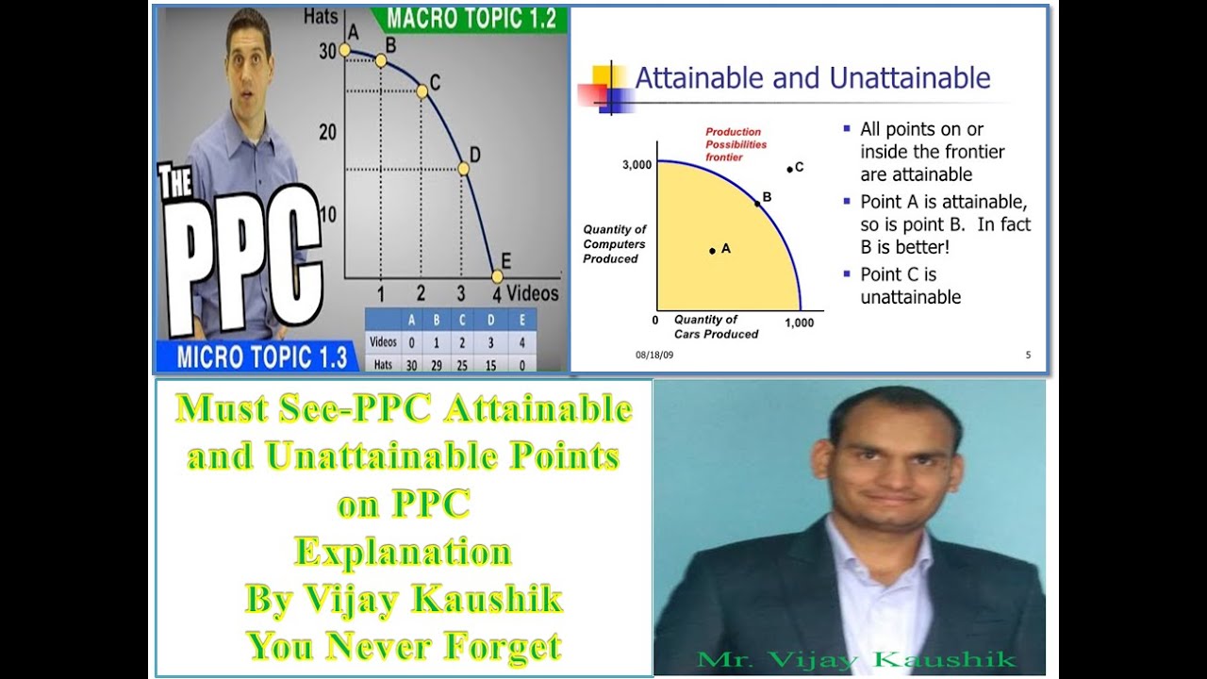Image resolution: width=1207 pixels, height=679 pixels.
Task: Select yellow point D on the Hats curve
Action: point(463,169)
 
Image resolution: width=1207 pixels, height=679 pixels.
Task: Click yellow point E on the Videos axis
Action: point(497,276)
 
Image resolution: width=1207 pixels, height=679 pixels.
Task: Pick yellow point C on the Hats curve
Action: point(422,91)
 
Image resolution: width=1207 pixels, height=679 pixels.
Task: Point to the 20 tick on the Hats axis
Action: point(327,131)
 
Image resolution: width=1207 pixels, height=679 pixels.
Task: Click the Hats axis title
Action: point(321,15)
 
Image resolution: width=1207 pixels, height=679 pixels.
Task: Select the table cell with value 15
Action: point(489,363)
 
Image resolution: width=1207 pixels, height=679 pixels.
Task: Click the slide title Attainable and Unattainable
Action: point(812,77)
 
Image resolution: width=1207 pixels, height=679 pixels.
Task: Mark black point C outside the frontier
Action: point(790,170)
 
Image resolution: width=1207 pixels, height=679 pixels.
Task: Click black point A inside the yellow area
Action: point(713,250)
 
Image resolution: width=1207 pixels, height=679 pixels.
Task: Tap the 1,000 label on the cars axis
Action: point(798,323)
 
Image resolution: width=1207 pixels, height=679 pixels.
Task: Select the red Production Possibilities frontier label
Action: point(736,144)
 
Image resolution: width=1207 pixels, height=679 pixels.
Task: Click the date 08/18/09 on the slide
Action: point(653,356)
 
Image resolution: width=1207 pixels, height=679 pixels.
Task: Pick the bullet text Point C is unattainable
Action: point(910,286)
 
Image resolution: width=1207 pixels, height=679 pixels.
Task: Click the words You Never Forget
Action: point(405,646)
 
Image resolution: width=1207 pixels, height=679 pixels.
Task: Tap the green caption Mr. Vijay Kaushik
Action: point(855,659)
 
